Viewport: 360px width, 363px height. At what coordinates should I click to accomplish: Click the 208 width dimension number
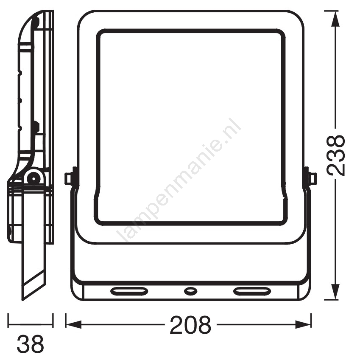(x=190, y=324)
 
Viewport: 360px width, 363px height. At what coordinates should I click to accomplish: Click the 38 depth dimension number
(x=30, y=343)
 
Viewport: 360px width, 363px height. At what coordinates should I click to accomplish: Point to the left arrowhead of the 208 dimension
(x=74, y=324)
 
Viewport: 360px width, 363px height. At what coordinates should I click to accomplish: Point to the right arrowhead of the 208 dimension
(x=303, y=324)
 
